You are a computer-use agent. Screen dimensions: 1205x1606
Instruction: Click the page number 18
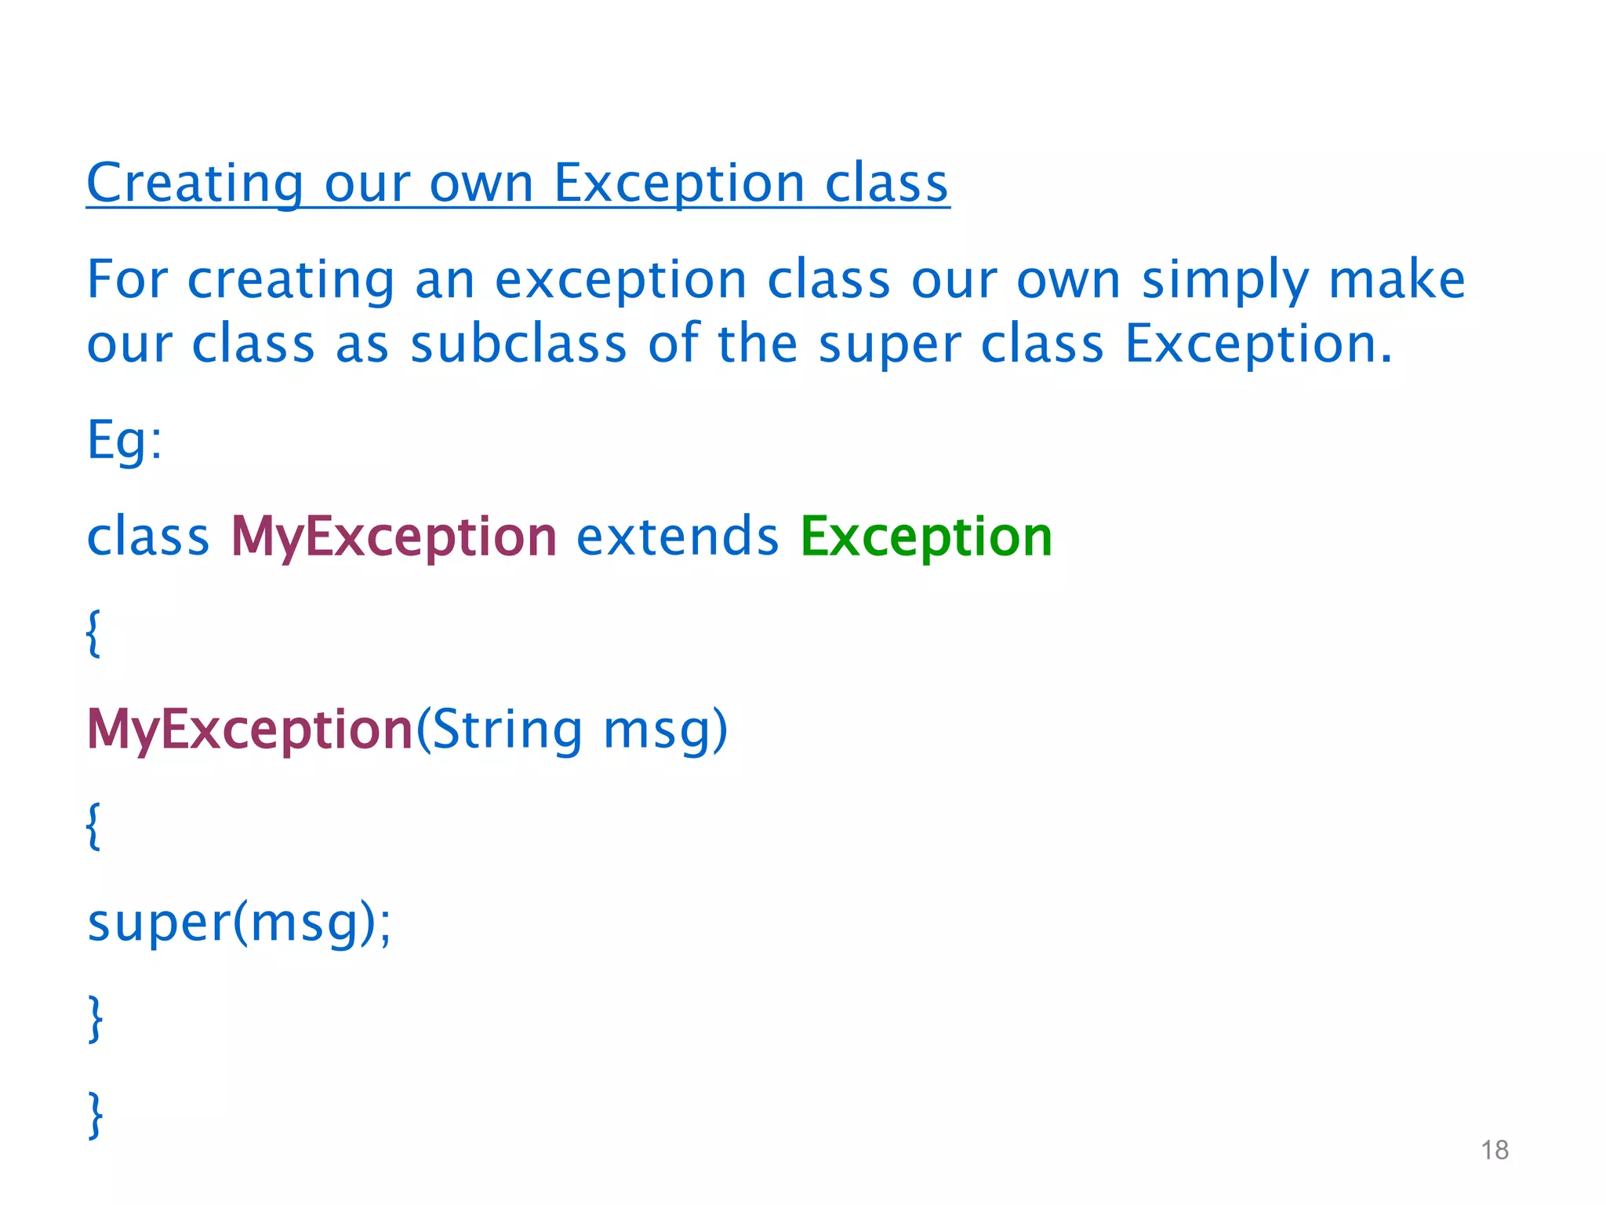1495,1150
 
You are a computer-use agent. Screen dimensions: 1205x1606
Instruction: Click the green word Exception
925,538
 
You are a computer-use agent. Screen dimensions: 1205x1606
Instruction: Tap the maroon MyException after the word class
394,538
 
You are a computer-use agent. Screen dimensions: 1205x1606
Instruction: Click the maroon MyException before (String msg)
249,730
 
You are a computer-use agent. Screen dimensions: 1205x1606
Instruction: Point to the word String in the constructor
507,730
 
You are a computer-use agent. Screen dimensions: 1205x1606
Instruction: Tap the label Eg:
124,441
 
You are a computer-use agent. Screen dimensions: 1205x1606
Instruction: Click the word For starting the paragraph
127,279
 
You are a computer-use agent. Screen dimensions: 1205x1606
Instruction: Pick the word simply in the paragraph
1225,281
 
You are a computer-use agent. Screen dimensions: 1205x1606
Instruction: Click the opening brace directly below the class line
93,633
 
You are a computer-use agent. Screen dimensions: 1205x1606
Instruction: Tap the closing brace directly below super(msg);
95,1018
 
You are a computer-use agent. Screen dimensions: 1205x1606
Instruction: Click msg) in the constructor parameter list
665,730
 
